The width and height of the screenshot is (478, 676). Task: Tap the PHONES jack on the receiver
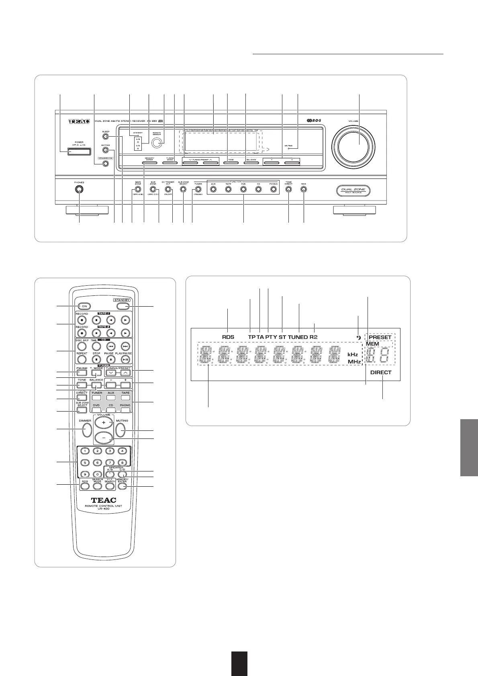point(79,190)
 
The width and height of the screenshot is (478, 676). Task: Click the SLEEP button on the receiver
point(106,137)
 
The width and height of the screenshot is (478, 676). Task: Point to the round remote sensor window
point(158,142)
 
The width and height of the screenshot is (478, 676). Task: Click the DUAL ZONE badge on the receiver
point(353,191)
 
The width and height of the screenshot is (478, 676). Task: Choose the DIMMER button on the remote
point(85,429)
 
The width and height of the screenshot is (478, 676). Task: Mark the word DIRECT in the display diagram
point(381,372)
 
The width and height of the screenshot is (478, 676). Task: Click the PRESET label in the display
point(380,337)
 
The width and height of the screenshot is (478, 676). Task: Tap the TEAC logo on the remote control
point(98,500)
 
